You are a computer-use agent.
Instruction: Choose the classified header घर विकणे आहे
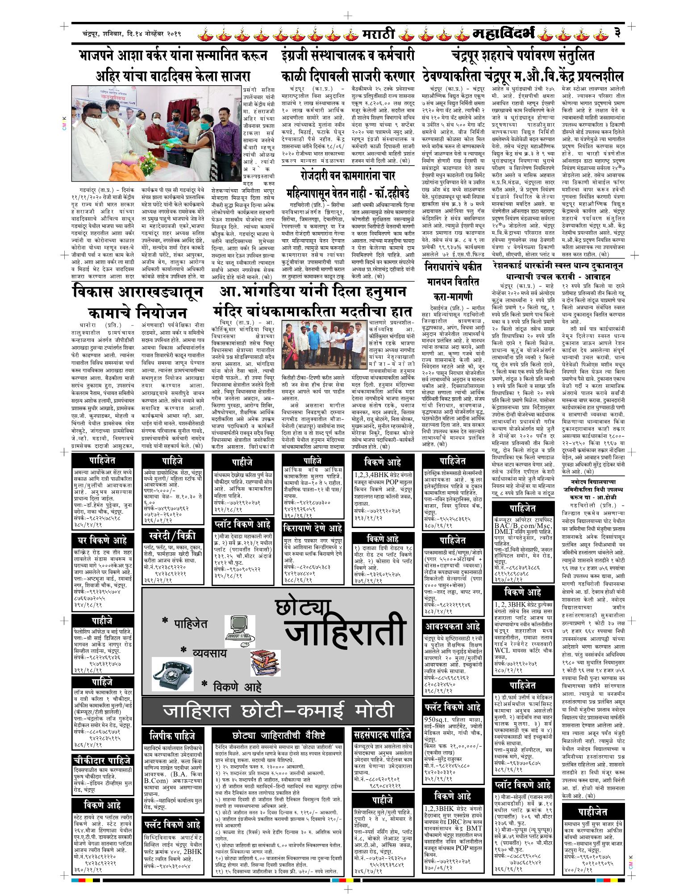[x=103, y=541]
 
